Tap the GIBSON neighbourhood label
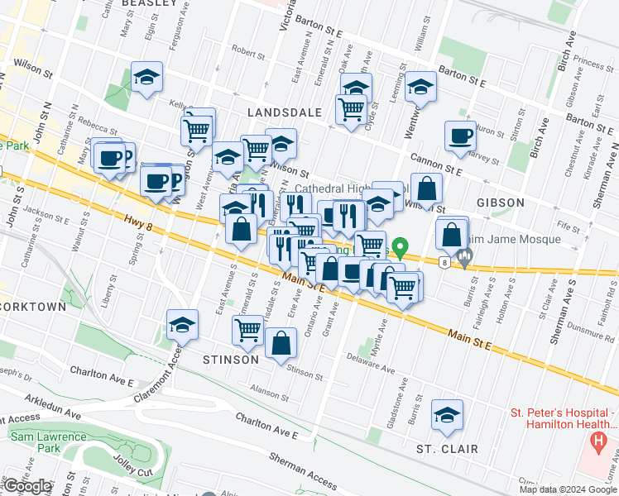click(500, 203)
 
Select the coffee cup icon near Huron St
click(460, 136)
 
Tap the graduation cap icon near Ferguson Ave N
click(146, 78)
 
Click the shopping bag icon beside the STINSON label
click(281, 343)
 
